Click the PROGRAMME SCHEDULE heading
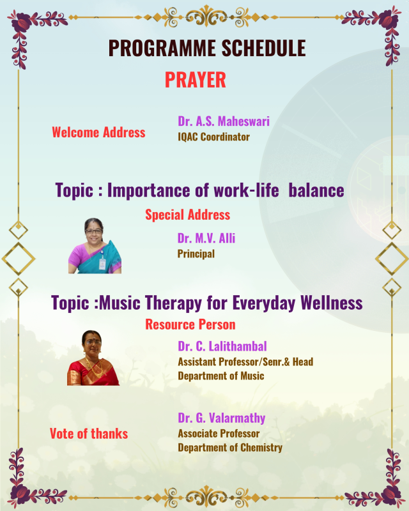tap(207, 49)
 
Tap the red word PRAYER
tap(196, 80)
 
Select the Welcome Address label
tap(98, 132)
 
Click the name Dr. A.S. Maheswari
tap(224, 121)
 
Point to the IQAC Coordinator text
tap(213, 137)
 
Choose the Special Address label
tap(187, 215)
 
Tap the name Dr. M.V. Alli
tap(206, 238)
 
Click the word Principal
tap(196, 254)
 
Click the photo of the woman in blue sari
tap(95, 246)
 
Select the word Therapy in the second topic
tap(173, 303)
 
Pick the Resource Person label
tap(190, 324)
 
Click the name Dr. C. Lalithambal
tap(222, 346)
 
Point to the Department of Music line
tap(221, 376)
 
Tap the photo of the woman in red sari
tap(93, 358)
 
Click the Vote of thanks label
tap(89, 434)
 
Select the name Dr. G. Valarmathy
tap(222, 418)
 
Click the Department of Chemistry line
tap(230, 448)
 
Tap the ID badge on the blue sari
tap(102, 263)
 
